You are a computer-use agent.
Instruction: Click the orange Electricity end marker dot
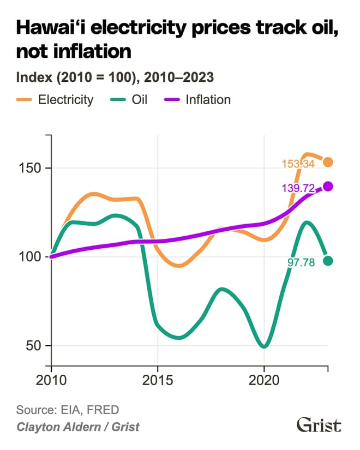(328, 162)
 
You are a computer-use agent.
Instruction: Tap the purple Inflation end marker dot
(328, 187)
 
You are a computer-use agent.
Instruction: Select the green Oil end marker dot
(328, 261)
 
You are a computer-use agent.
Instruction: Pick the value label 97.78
(305, 262)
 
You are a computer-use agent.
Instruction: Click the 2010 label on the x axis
(51, 379)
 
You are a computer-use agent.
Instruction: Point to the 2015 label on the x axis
(158, 379)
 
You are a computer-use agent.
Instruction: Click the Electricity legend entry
(55, 100)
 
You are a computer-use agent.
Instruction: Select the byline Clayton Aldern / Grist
(77, 426)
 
